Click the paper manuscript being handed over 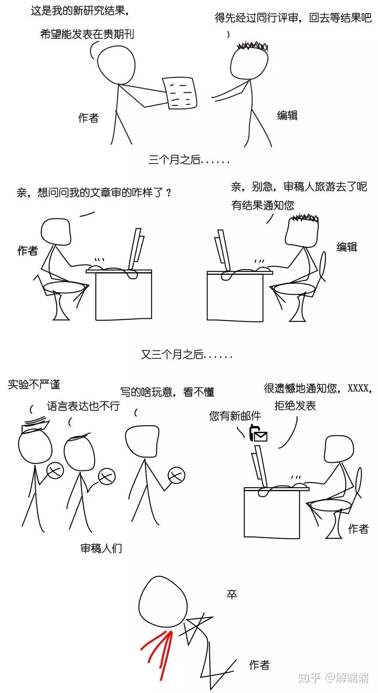tap(180, 92)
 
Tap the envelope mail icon tap(259, 436)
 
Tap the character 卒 tap(232, 594)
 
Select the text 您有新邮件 tap(235, 416)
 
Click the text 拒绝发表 tap(295, 405)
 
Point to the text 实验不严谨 tap(34, 385)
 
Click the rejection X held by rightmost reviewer tap(176, 475)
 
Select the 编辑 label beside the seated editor tap(347, 247)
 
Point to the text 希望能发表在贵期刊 tap(87, 34)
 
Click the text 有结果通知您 tap(262, 205)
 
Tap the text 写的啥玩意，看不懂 tap(167, 392)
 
